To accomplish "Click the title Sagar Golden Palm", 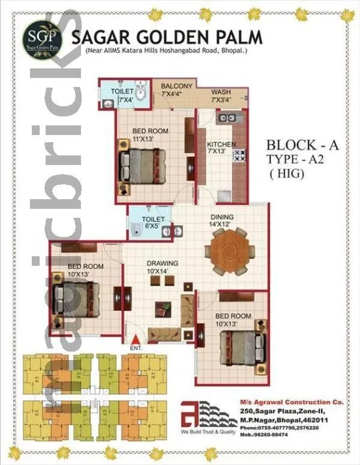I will click(167, 38).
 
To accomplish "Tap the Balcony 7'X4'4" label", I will click(177, 89).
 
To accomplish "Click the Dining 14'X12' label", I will click(221, 220).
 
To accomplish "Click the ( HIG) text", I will click(287, 174).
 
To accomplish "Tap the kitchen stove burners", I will click(239, 155).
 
